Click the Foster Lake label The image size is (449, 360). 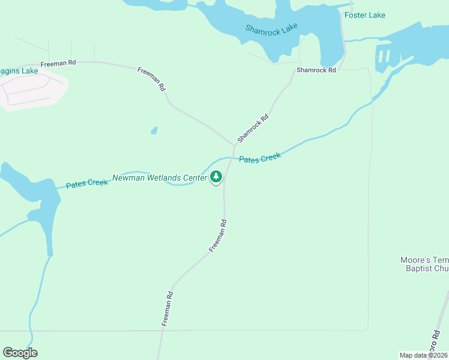click(365, 15)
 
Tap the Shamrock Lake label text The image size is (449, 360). click(271, 30)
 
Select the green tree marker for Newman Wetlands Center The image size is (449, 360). click(216, 177)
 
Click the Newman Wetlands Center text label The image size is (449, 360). click(160, 178)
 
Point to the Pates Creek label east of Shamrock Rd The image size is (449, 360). click(259, 158)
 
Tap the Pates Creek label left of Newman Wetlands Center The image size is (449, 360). click(86, 183)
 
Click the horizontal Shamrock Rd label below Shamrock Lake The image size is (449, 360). click(316, 70)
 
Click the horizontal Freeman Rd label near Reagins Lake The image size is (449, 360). click(58, 63)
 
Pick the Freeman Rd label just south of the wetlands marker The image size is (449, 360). click(218, 235)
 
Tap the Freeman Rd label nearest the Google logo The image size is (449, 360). click(167, 308)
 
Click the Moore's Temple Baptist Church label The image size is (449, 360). click(424, 265)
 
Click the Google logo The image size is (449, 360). click(20, 353)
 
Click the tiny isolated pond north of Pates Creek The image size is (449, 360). click(154, 130)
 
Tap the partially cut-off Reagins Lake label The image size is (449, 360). click(19, 71)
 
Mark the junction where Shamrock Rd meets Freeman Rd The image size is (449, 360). click(234, 146)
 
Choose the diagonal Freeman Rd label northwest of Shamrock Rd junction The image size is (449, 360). click(151, 78)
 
